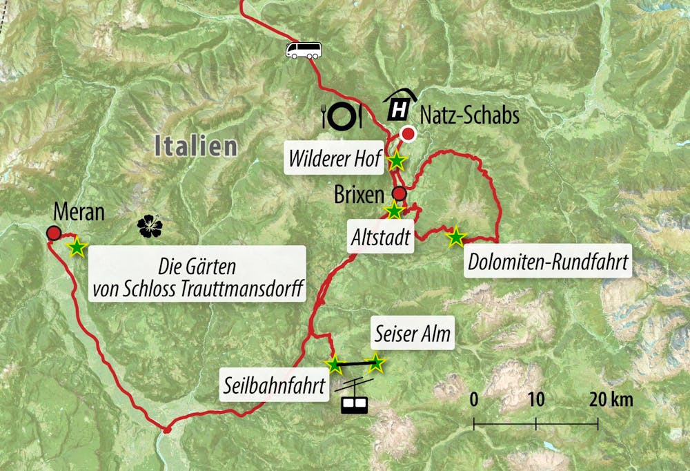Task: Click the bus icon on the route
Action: pyautogui.click(x=303, y=50)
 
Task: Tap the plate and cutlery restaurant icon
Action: pyautogui.click(x=342, y=115)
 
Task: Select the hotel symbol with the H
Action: pyautogui.click(x=400, y=106)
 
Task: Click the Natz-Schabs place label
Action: pyautogui.click(x=469, y=114)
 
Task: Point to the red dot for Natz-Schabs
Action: pyautogui.click(x=408, y=134)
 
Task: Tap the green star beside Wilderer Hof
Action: pyautogui.click(x=397, y=162)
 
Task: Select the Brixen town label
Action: pyautogui.click(x=358, y=195)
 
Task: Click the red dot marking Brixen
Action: pyautogui.click(x=398, y=193)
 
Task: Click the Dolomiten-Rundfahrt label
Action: pyautogui.click(x=548, y=262)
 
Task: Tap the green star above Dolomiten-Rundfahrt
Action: pyautogui.click(x=455, y=238)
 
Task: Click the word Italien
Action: pyautogui.click(x=196, y=146)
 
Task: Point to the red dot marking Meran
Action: pyautogui.click(x=53, y=233)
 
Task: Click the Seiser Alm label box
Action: pyautogui.click(x=413, y=335)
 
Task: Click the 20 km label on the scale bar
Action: pyautogui.click(x=611, y=399)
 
